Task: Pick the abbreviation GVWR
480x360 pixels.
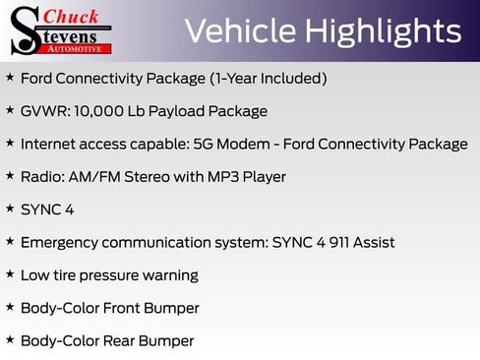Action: coord(42,111)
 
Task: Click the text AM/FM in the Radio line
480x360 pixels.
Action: coord(96,177)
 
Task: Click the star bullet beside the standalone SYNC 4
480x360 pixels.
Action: coord(10,209)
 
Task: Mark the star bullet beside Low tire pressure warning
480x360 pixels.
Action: coord(10,274)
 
